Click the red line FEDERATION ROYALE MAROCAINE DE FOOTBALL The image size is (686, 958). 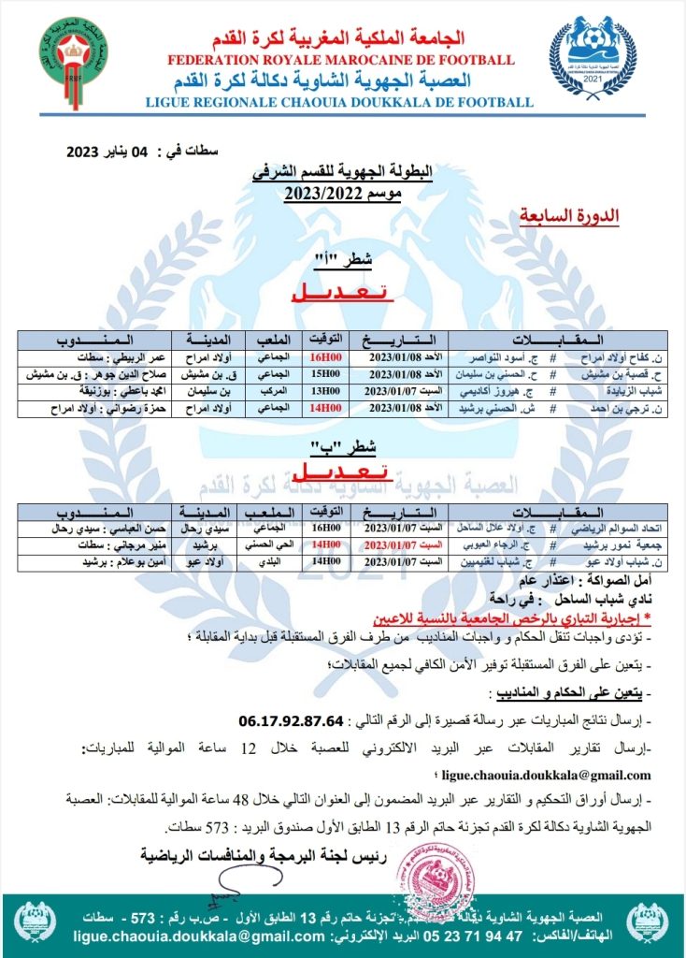click(x=341, y=61)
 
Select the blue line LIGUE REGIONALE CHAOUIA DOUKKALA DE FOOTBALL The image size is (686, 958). click(x=340, y=102)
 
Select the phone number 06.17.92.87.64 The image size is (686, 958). click(x=293, y=722)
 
